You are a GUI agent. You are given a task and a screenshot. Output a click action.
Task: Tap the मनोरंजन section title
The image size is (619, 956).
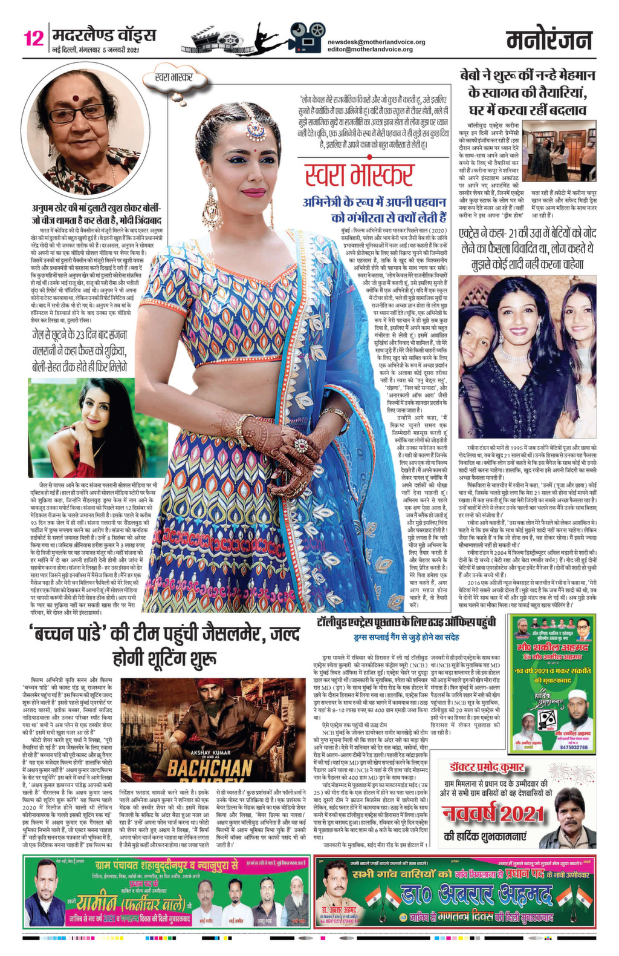pos(549,41)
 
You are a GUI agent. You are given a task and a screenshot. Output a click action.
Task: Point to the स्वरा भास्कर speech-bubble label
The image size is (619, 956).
pos(173,77)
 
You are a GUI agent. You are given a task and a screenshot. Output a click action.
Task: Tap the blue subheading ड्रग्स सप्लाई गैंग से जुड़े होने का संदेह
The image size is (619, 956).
pos(406,637)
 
